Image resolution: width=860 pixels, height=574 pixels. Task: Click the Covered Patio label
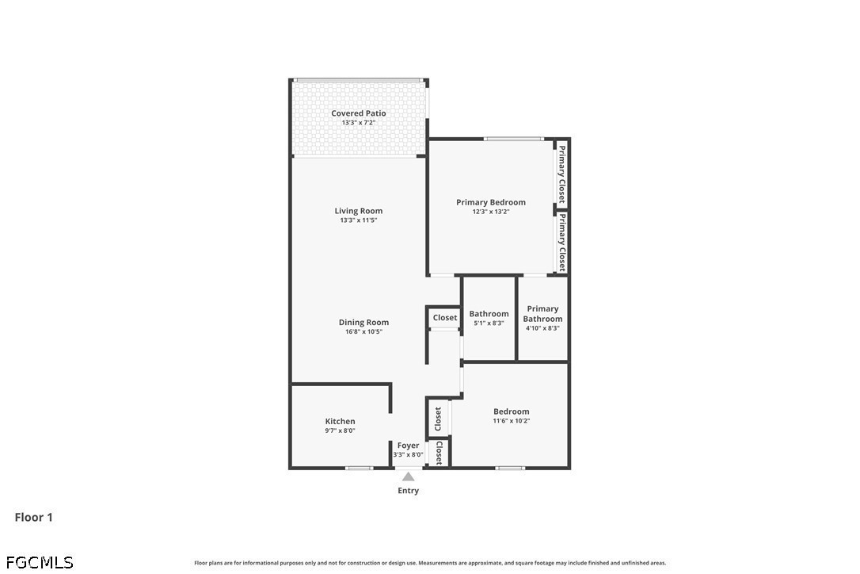click(358, 113)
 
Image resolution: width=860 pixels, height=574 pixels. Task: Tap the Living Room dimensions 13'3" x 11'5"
click(358, 220)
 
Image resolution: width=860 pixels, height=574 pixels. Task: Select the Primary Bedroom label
click(491, 202)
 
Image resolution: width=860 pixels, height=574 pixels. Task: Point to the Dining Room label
click(363, 323)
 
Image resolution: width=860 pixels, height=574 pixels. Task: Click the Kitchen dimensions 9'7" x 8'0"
click(340, 430)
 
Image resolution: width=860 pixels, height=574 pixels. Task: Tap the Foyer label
click(408, 446)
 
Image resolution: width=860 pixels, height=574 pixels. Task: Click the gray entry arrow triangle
click(408, 476)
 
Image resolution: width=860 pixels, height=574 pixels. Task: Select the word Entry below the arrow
click(408, 491)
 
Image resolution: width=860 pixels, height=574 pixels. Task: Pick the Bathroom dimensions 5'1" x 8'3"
click(489, 323)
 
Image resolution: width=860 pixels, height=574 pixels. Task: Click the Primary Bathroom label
click(542, 314)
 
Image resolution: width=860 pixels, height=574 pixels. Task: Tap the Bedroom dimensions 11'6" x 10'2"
click(512, 421)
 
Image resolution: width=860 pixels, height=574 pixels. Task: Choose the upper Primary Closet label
click(561, 174)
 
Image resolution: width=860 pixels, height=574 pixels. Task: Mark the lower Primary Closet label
click(561, 243)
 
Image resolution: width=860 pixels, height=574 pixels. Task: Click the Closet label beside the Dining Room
click(445, 317)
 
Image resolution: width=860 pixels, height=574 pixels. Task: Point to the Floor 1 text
click(33, 517)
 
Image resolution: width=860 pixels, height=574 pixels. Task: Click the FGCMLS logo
click(40, 562)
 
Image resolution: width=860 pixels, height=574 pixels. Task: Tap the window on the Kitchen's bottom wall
click(360, 468)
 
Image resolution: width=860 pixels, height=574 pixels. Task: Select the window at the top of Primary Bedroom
click(514, 139)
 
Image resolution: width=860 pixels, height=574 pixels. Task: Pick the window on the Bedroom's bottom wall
click(510, 468)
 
